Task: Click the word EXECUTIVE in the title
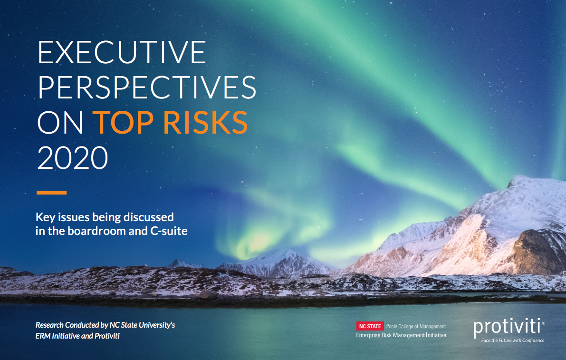coord(122,52)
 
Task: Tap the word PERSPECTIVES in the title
coord(147,88)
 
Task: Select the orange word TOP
coord(123,122)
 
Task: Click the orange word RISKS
coord(205,122)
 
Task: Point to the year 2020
coord(73,157)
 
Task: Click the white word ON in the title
coord(60,122)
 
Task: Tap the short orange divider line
coord(52,193)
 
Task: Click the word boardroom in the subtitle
coord(96,231)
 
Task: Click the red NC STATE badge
coord(370,326)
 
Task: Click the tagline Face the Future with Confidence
coord(513,340)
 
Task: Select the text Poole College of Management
coord(416,326)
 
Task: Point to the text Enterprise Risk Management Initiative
coord(401,335)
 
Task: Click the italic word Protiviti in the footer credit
coord(107,336)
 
